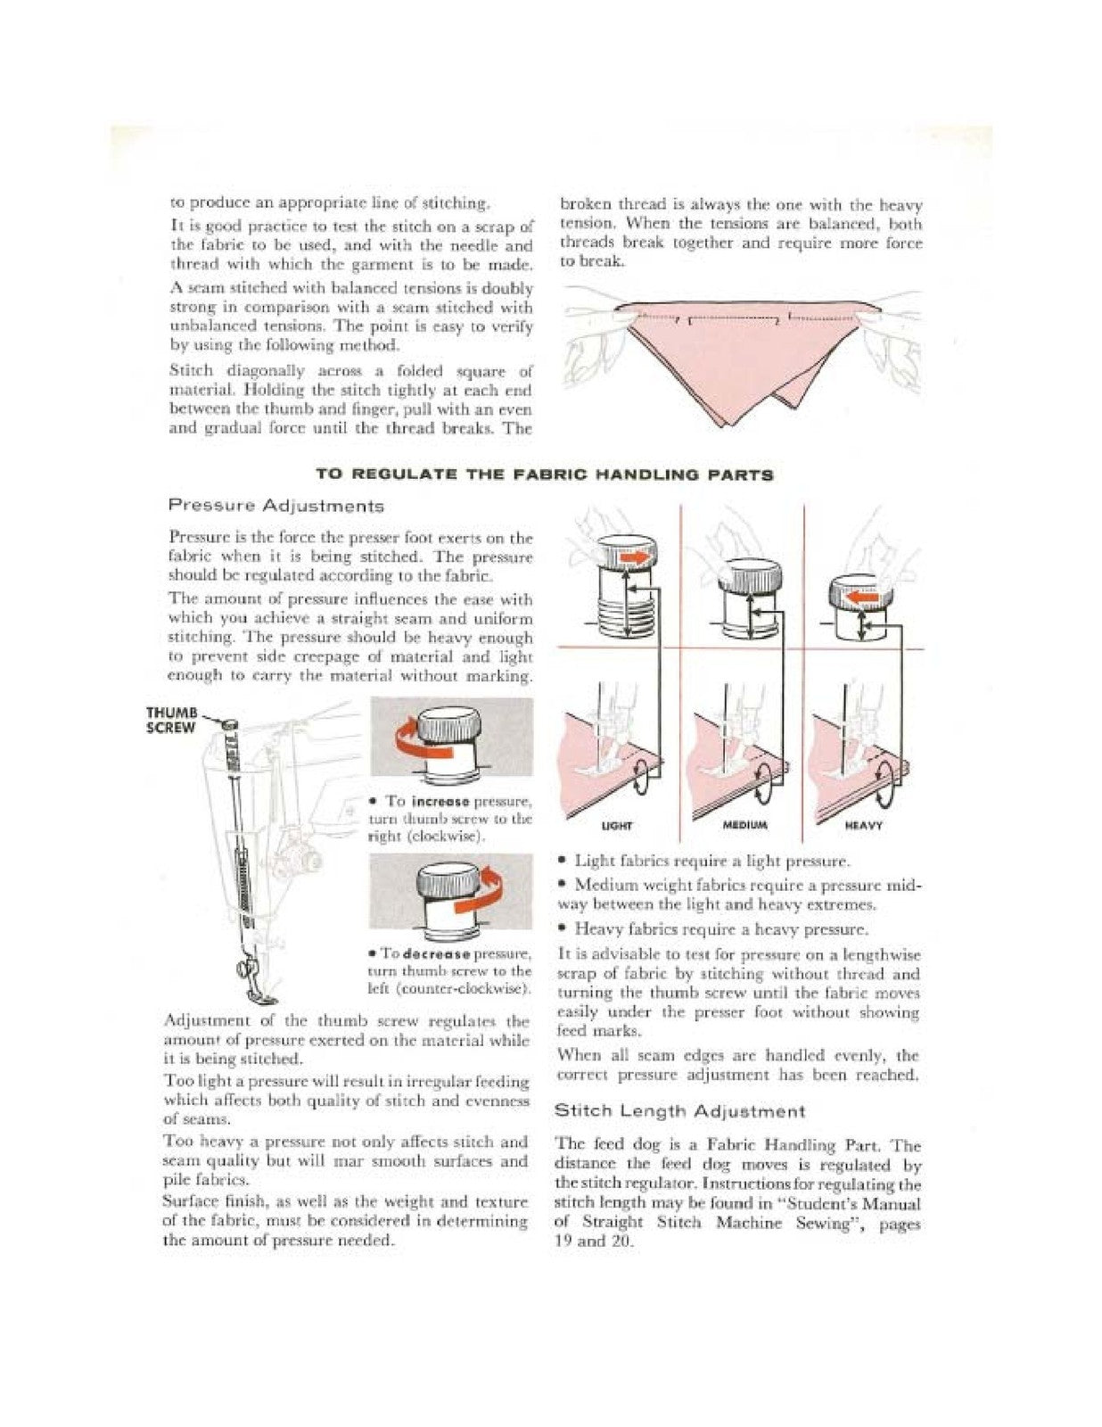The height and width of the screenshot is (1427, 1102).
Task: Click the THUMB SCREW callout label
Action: tap(170, 719)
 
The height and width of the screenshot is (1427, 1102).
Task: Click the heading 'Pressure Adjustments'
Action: tap(276, 506)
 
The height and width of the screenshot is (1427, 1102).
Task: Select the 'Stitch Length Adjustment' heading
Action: tap(679, 1111)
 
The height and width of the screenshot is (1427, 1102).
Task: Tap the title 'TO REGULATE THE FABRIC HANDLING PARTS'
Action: tap(545, 474)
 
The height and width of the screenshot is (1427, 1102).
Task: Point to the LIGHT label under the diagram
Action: tap(613, 825)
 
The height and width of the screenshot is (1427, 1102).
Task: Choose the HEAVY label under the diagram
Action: tap(863, 825)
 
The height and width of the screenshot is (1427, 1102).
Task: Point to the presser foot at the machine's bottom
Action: tap(255, 993)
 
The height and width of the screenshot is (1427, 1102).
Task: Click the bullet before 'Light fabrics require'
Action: tap(562, 862)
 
